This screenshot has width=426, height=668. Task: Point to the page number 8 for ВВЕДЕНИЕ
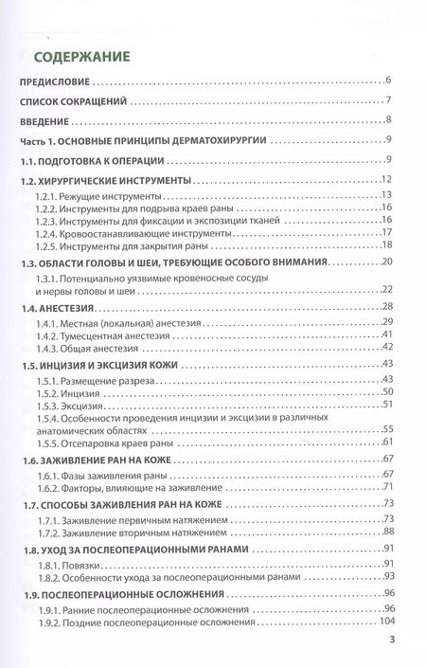pos(389,121)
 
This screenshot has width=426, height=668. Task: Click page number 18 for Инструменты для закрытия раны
pos(386,244)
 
